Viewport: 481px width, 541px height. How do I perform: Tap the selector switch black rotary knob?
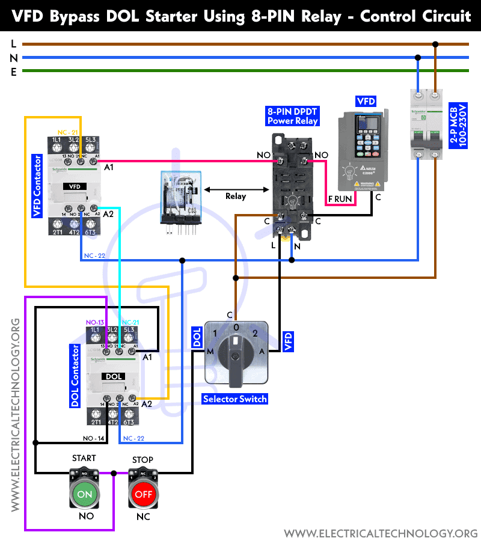[235, 354]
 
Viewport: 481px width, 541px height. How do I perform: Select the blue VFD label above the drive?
[366, 101]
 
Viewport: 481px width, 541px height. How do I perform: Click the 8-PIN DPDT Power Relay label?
[292, 115]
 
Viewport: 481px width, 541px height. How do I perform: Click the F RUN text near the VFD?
[340, 198]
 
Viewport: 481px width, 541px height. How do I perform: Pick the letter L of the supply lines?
[13, 44]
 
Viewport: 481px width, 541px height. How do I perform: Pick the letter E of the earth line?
[13, 72]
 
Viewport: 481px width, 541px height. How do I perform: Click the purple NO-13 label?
[96, 322]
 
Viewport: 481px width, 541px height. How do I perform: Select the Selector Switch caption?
[235, 399]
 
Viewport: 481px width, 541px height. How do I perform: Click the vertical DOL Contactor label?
[75, 376]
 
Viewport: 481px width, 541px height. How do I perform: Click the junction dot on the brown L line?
[435, 44]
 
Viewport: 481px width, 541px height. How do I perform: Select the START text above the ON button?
[84, 458]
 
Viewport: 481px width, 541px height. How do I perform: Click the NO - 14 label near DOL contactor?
[96, 439]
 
